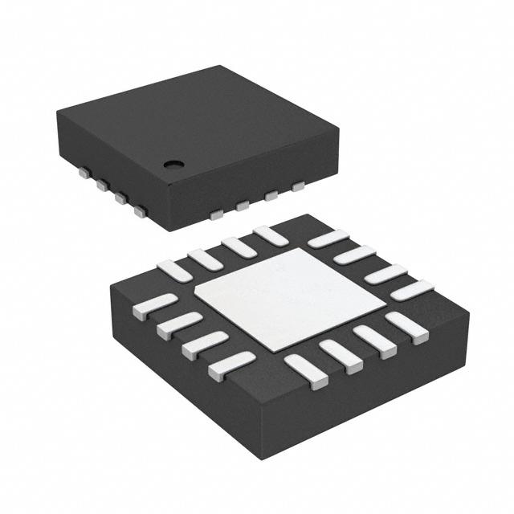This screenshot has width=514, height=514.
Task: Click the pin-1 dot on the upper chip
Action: point(173,164)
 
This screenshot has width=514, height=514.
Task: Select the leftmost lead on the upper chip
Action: point(83,171)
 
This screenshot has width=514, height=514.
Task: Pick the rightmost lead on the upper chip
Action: point(298,186)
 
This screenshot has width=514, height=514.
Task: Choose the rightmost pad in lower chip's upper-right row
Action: point(412,290)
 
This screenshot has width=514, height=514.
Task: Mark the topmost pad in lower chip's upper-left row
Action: point(270,235)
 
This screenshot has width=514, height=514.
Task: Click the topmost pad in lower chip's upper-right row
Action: point(328,239)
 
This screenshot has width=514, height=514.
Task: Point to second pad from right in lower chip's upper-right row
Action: point(386,274)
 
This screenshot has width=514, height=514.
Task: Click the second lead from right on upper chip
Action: point(271,195)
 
